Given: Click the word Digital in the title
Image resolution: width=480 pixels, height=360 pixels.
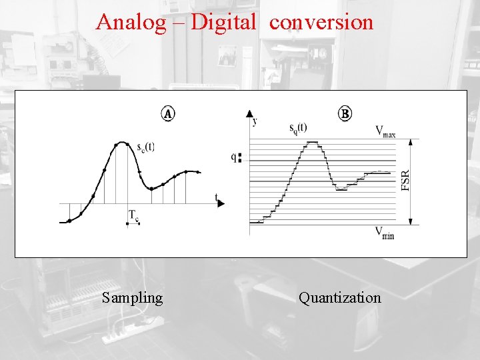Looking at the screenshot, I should tap(223, 23).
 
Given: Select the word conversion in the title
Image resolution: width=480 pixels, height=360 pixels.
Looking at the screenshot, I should tap(321, 23).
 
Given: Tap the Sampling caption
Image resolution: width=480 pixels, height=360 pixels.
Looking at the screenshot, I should tap(133, 297).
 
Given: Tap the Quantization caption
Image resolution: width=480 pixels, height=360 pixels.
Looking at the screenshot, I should tap(340, 297).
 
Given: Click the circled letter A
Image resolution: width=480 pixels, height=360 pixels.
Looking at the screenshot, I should tap(168, 114).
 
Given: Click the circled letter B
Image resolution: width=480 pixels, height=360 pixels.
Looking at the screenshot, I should tap(345, 114).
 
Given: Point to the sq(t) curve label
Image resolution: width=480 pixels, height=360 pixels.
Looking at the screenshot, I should tap(298, 127).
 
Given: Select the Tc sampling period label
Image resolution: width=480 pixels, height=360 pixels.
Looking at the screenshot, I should tap(133, 215).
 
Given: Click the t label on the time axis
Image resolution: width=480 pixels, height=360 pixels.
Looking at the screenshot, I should tap(216, 197).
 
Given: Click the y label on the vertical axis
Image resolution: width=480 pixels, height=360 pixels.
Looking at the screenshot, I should tap(255, 121).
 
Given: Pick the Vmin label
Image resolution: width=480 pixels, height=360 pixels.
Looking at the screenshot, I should tap(384, 233).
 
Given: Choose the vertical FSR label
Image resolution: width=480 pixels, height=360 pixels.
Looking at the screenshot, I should tap(406, 181).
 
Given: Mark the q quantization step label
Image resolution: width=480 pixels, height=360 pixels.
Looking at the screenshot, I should tap(233, 158).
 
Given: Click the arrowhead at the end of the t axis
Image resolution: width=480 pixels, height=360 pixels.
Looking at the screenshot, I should tap(221, 203).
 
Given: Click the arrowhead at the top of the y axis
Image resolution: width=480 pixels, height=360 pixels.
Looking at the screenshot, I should tap(249, 114).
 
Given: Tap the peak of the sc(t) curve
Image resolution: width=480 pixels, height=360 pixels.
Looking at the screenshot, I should tap(121, 142).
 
